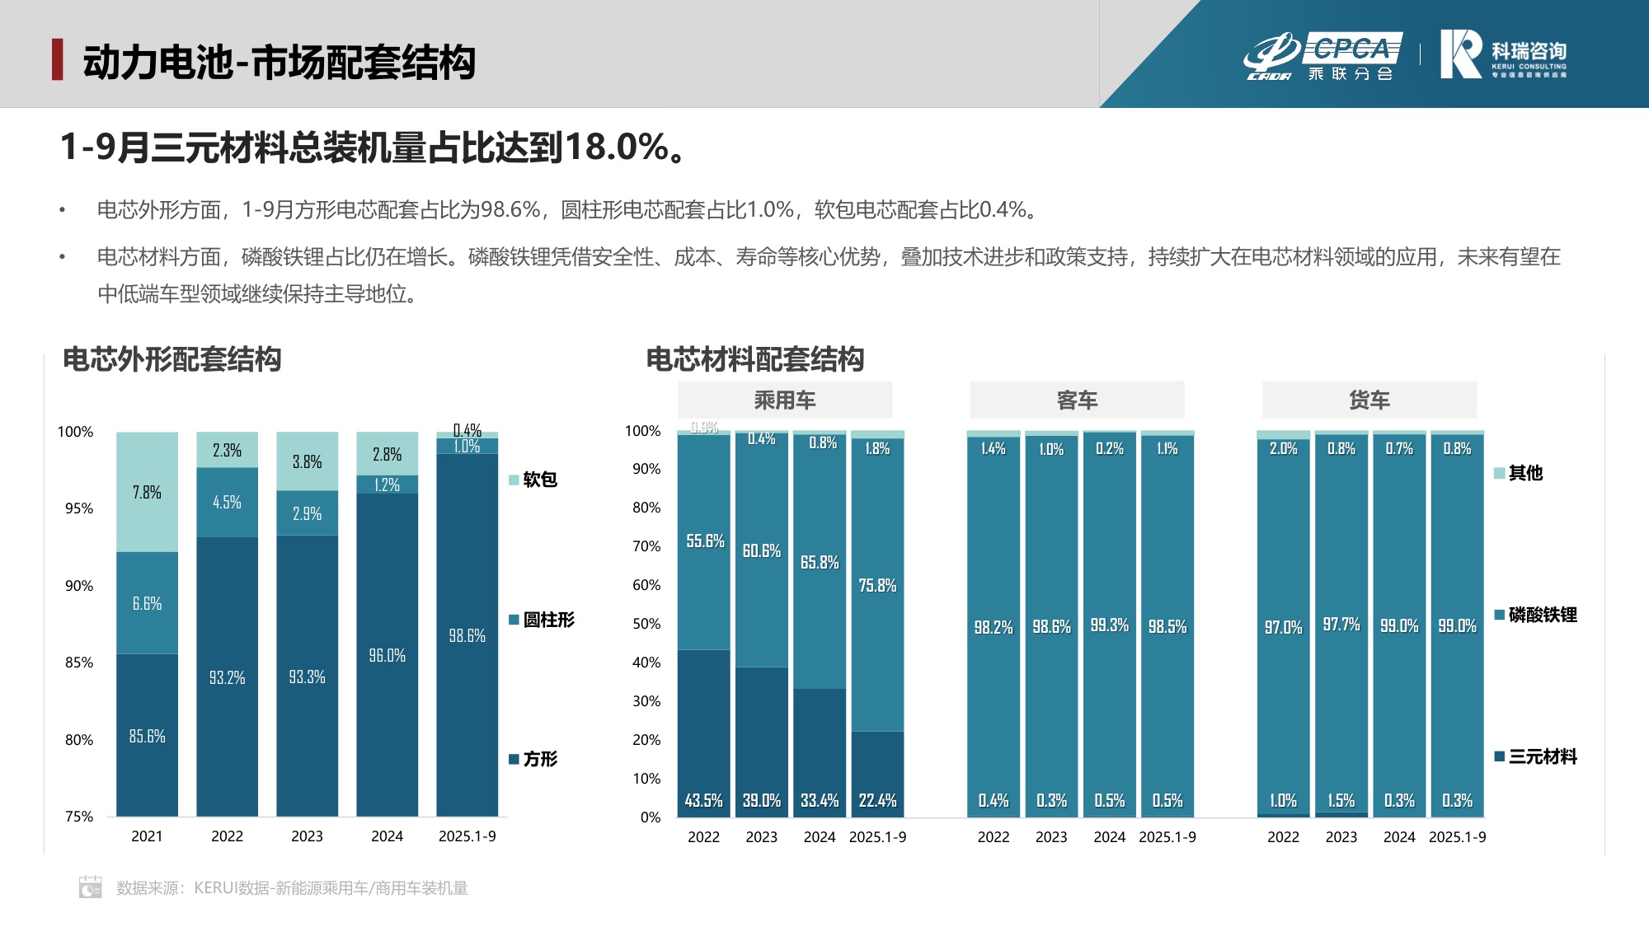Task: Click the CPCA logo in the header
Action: tap(1323, 54)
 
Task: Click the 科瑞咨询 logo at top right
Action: tap(1502, 54)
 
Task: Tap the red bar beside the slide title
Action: tap(57, 59)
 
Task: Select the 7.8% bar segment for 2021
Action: tap(147, 492)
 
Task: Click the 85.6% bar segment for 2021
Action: tap(147, 736)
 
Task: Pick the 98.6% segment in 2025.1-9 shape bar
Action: tap(467, 635)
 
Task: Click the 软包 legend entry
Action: tap(533, 480)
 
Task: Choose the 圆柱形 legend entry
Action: tap(542, 620)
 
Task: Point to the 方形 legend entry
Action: tap(533, 759)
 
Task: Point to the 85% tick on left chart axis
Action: tap(79, 662)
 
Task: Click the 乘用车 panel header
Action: tap(784, 400)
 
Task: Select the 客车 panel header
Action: tap(1076, 400)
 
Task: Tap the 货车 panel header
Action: tap(1369, 400)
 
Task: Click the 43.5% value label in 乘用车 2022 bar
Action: tap(703, 800)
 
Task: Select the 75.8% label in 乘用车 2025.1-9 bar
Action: tap(877, 585)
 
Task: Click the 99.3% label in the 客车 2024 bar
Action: tap(1109, 625)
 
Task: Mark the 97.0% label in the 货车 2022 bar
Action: tap(1283, 627)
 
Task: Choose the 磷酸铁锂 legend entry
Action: tap(1535, 615)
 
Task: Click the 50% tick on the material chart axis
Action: tap(646, 624)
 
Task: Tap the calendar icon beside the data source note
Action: tap(90, 887)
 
